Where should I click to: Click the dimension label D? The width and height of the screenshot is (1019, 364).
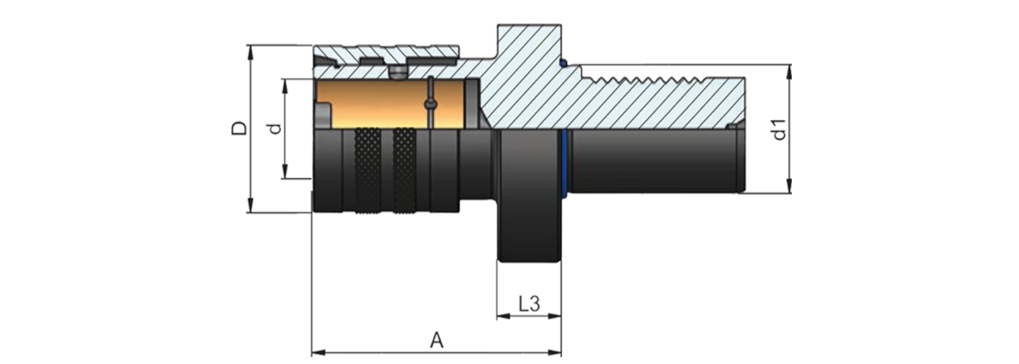pos(239,129)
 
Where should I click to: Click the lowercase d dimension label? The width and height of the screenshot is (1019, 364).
pos(274,129)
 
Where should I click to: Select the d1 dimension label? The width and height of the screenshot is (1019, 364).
pos(779,129)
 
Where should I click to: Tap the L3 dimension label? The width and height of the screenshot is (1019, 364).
pos(529,304)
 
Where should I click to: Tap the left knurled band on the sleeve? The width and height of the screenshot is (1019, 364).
pos(368,172)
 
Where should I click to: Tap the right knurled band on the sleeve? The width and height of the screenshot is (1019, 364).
pos(405,172)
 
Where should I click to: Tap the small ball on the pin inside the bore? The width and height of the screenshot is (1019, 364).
pos(431,104)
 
